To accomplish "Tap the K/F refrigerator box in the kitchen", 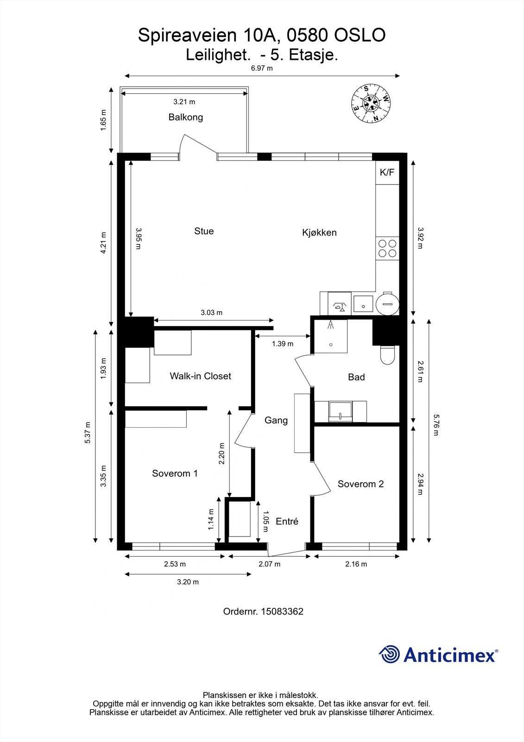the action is tap(387, 173).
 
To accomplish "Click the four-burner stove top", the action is tap(387, 249).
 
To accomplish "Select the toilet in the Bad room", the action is tap(386, 355).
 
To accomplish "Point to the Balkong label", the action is tap(186, 117).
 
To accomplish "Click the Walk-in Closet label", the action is tap(200, 376).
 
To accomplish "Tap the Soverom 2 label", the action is tap(360, 484).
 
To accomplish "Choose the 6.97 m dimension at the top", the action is tap(262, 69).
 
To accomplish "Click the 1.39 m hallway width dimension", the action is tap(283, 344).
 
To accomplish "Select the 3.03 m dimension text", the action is tap(212, 313).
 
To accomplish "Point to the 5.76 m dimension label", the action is tap(436, 425).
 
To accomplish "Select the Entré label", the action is tap(287, 521).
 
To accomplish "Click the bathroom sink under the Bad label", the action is tap(340, 412).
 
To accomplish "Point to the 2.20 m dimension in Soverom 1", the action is tap(221, 454).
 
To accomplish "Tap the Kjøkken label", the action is tap(319, 232).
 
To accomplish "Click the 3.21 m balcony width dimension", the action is tap(184, 102).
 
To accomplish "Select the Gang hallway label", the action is tap(276, 420).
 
